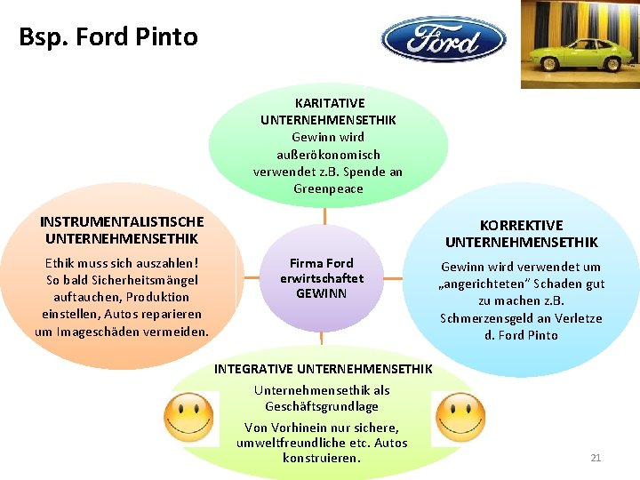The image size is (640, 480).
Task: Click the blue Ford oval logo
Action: [x=444, y=39]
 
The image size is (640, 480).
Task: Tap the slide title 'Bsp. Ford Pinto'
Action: [x=108, y=37]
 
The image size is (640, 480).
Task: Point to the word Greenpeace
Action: [x=328, y=188]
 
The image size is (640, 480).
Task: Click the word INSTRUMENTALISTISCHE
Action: [x=122, y=221]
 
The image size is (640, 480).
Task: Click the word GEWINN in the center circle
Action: [x=322, y=293]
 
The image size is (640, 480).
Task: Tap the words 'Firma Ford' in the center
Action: [x=322, y=263]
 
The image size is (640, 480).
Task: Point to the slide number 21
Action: [x=596, y=458]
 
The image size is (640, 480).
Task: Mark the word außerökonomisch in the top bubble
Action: [x=328, y=155]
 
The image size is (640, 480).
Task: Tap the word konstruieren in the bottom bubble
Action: [x=321, y=458]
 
